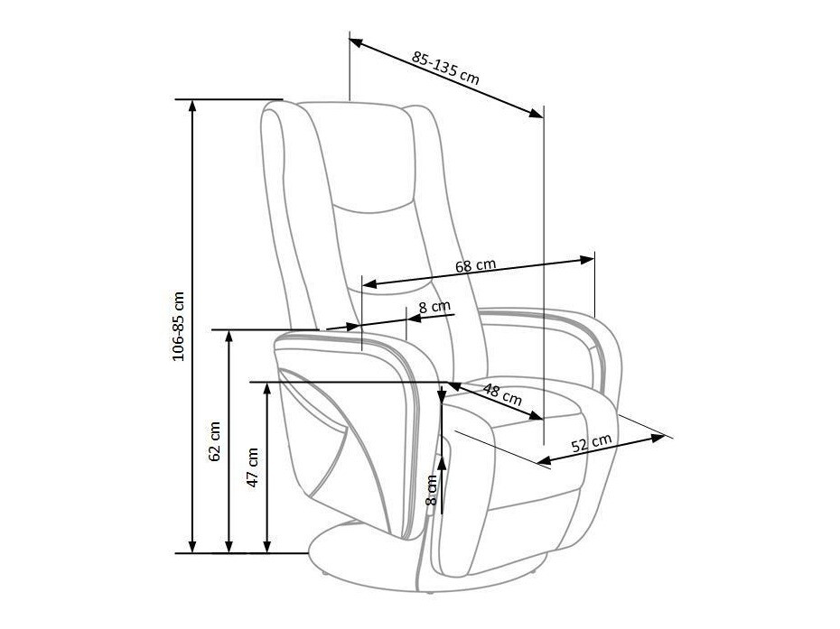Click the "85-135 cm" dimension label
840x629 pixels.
[x=445, y=68]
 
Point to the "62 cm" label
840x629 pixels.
[x=215, y=441]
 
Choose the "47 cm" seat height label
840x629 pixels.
[x=253, y=467]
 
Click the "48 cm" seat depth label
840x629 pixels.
[x=502, y=394]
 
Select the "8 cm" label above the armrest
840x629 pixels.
[x=434, y=307]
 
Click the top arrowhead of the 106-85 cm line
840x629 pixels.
[x=192, y=103]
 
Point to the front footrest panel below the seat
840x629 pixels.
[x=533, y=523]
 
